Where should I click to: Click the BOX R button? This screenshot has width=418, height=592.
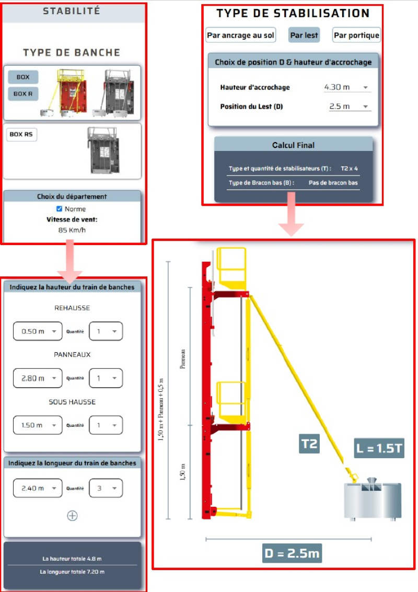(23, 94)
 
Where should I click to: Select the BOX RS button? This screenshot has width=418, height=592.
(21, 134)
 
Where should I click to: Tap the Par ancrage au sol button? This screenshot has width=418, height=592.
(240, 35)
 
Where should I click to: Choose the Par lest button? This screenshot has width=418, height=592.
(304, 35)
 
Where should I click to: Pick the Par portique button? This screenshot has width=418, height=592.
(356, 35)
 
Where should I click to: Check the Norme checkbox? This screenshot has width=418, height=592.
(59, 209)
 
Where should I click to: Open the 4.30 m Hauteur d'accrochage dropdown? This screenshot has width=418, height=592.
(347, 87)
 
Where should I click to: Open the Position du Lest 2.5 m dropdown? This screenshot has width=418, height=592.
(350, 107)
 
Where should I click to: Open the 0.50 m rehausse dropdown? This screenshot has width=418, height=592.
(38, 331)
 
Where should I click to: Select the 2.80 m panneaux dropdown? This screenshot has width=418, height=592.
(38, 378)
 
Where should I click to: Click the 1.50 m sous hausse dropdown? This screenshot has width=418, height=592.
(38, 425)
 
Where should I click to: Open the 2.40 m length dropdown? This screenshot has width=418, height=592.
(38, 488)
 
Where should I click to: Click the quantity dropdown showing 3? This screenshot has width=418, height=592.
(106, 488)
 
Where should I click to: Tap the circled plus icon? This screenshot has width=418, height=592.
(72, 516)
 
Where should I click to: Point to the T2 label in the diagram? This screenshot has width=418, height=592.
(309, 443)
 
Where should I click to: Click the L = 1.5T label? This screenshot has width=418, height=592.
(379, 448)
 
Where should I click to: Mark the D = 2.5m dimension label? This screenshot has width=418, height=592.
(292, 553)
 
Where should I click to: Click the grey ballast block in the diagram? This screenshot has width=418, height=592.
(373, 500)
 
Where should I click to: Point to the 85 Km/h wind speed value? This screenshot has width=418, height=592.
(72, 230)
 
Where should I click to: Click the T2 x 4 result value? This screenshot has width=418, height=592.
(349, 168)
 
